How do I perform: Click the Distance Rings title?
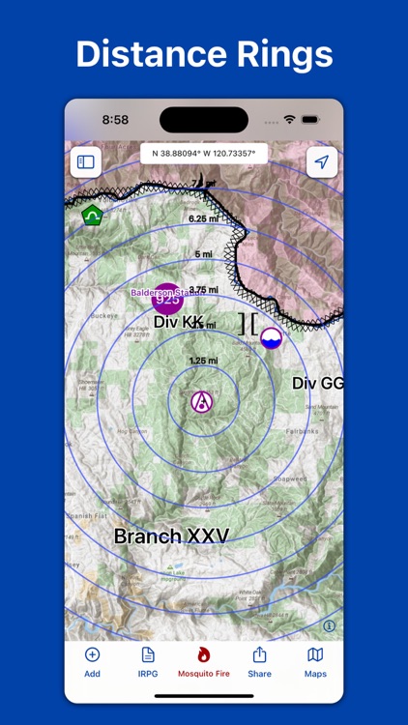coord(204,54)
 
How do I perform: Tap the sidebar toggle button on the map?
coord(86,162)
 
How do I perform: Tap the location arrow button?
coord(322,162)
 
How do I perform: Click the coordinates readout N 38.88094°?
coord(204,153)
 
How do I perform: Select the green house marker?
coord(92,215)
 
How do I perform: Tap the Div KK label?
coord(178,322)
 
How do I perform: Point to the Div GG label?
coord(317,384)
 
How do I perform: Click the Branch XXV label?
coord(171,536)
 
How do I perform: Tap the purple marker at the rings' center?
coord(202,401)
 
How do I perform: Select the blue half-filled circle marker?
coord(272,337)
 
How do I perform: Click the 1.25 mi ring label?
coord(203,361)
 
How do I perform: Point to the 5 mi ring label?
coord(203,254)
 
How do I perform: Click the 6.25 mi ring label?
coord(203,218)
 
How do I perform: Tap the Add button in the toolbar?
coord(92,662)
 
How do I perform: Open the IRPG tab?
coord(148,662)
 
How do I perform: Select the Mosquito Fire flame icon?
coord(203,655)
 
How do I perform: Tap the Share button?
coord(259,662)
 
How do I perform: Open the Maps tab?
coord(315,662)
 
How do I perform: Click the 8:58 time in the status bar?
coord(115,120)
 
